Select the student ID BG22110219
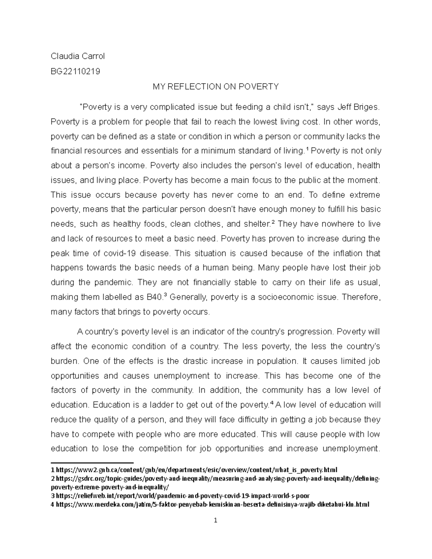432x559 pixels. pos(75,71)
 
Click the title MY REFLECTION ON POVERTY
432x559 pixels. pos(216,86)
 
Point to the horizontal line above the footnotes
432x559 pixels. pos(92,462)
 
